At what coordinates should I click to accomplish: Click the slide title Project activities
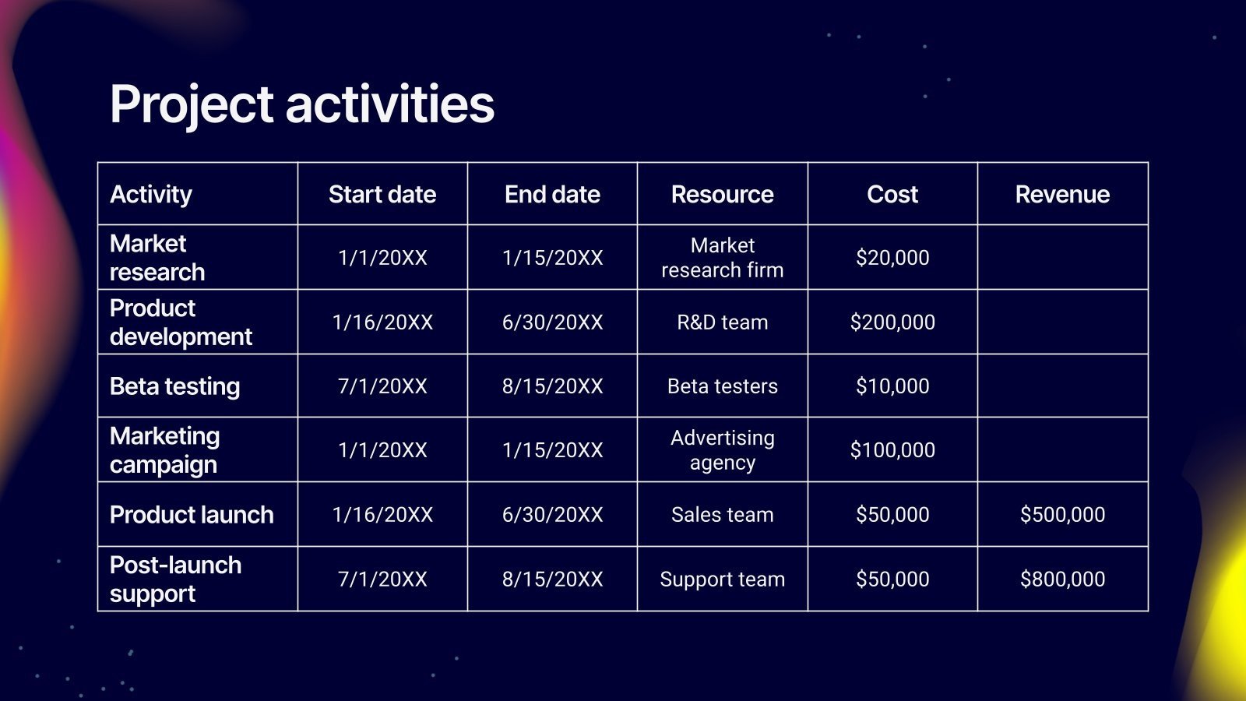(302, 105)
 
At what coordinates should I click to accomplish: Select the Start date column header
(382, 194)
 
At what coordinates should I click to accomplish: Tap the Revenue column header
(1062, 194)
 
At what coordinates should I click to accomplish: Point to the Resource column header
(722, 194)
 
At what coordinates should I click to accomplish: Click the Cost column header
(892, 194)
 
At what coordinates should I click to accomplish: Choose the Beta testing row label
(174, 386)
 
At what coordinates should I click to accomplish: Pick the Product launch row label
(192, 515)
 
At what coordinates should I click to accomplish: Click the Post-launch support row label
(175, 579)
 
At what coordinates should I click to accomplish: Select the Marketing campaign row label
(164, 450)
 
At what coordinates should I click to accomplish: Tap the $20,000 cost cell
(892, 258)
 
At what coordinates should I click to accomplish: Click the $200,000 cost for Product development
(892, 322)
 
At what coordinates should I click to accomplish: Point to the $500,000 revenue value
(1062, 515)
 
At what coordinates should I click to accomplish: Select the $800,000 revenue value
(1062, 579)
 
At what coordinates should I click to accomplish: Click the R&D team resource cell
(722, 322)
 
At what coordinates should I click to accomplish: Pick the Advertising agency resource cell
(722, 450)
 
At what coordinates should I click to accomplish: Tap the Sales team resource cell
(722, 515)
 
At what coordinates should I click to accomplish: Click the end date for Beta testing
(552, 386)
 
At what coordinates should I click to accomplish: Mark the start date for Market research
(382, 258)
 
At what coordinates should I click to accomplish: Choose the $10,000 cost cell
(892, 386)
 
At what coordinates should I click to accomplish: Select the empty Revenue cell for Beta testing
(1062, 386)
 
